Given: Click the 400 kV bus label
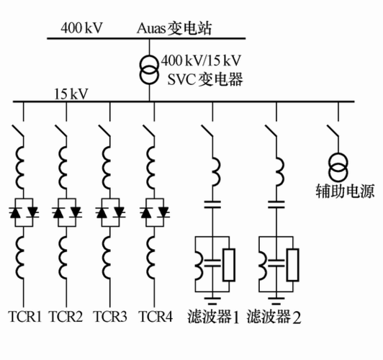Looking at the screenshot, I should (x=82, y=29).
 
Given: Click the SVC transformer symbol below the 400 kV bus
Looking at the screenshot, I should (x=150, y=71).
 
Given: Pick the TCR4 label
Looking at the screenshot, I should (x=155, y=316).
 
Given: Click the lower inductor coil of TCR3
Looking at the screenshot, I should (x=109, y=258).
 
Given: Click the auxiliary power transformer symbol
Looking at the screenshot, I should (x=338, y=167).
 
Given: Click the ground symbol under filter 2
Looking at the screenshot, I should (x=277, y=296).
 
